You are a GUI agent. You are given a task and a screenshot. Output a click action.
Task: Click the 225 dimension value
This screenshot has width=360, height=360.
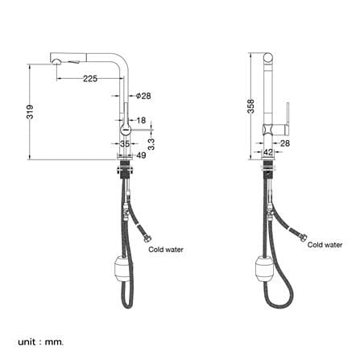(90, 79)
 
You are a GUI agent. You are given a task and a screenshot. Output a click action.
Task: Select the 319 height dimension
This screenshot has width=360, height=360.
(30, 112)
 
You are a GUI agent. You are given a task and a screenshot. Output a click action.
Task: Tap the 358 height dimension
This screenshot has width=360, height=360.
(250, 106)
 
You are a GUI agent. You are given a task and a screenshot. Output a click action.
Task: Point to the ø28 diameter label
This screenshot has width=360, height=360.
(143, 96)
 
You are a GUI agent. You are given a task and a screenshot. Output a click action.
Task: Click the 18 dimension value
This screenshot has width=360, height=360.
(141, 120)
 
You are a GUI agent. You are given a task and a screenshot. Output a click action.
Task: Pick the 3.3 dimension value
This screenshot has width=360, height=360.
(151, 144)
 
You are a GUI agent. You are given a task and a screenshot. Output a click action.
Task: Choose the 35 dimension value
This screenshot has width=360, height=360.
(125, 144)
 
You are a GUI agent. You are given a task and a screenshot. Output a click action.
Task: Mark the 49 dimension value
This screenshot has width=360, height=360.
(141, 155)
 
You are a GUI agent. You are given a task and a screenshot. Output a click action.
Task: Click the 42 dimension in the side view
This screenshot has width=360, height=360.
(268, 152)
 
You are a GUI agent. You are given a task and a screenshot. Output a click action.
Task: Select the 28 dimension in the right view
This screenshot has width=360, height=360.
(285, 143)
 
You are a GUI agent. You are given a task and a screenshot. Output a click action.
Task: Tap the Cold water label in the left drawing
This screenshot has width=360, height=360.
(166, 250)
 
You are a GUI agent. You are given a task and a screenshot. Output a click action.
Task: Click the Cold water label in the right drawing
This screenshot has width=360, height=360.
(325, 245)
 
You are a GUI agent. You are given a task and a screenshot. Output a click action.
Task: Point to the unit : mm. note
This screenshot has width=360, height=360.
(41, 334)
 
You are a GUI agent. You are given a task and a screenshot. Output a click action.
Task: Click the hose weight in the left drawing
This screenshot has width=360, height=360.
(123, 269)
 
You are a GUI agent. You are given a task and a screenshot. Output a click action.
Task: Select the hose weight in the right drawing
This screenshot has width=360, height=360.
(264, 269)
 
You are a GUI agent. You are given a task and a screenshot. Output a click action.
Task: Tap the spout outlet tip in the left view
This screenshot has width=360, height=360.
(56, 62)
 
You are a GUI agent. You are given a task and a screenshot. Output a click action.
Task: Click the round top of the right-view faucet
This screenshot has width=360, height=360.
(268, 57)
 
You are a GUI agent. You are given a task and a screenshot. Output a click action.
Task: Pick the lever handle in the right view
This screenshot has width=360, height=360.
(288, 118)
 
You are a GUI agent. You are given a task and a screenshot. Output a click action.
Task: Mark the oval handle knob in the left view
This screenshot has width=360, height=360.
(125, 130)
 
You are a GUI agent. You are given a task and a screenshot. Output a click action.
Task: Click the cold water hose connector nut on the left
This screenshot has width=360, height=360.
(148, 238)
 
